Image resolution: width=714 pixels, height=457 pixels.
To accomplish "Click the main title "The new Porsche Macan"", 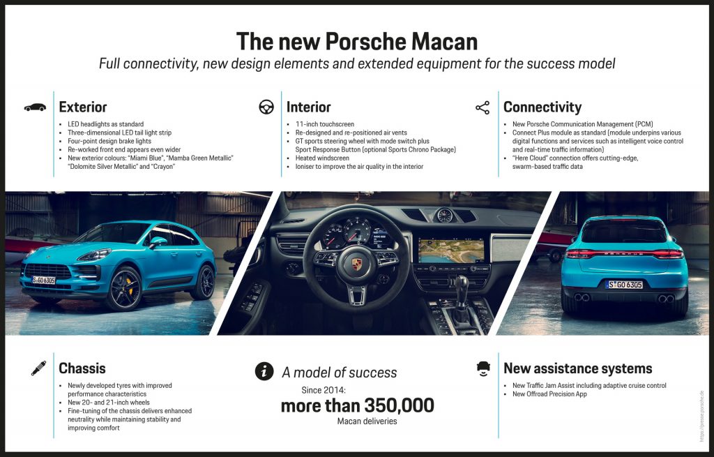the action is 357,41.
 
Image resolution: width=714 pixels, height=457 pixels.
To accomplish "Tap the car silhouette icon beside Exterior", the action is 35,107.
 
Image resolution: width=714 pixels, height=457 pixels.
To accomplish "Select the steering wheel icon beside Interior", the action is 266,107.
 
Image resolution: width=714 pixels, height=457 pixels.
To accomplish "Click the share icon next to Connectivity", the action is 483,107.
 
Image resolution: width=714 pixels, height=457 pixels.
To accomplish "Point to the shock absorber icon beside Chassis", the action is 39,368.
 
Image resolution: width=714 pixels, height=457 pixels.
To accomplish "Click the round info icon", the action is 264,371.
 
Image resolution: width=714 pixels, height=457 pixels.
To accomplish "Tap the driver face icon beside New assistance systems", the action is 483,368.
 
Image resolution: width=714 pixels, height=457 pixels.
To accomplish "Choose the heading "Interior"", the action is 309,107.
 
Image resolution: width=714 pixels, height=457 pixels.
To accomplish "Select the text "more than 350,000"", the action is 358,405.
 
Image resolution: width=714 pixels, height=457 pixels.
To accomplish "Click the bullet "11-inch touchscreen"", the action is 325,124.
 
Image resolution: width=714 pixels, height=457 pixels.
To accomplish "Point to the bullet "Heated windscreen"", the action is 322,158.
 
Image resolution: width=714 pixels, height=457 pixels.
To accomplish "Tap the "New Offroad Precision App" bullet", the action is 549,394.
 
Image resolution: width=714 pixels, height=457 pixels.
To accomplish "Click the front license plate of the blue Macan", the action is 44,280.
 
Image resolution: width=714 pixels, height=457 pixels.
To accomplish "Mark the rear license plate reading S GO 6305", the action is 624,285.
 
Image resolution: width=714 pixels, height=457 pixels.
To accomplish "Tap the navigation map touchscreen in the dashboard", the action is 451,251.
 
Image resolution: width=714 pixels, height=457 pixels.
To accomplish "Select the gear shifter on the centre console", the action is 461,295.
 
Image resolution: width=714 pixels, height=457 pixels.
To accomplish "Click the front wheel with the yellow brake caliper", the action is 124,289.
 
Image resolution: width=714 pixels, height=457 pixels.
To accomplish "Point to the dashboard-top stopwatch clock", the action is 444,215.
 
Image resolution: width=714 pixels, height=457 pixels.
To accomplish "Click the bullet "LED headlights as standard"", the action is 106,124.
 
